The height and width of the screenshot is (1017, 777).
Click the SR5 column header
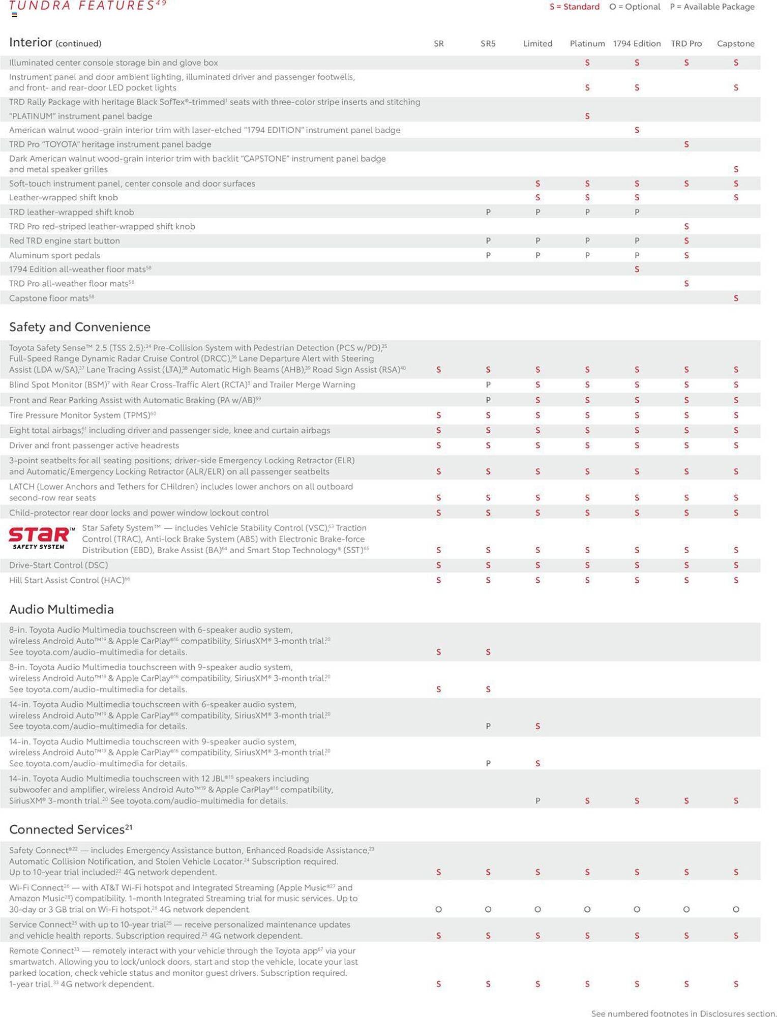(x=488, y=44)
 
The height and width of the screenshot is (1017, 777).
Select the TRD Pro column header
(x=686, y=44)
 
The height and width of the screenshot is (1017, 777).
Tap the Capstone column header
(x=735, y=44)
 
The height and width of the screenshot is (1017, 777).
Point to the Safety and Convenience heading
(x=80, y=327)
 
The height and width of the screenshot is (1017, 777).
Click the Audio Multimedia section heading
(x=62, y=609)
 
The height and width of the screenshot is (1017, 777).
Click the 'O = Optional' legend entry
(x=635, y=7)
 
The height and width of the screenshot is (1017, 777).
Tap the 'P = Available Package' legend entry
(x=712, y=7)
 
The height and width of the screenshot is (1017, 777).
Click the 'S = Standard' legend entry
(x=574, y=7)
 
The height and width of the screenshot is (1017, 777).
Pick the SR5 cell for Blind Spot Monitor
(x=488, y=385)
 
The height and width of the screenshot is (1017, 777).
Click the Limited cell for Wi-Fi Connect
(x=537, y=909)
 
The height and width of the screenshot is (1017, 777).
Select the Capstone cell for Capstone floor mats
(x=735, y=298)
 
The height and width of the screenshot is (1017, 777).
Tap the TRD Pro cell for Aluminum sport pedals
(x=686, y=255)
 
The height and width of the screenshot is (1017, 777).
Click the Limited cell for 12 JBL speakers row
(x=537, y=801)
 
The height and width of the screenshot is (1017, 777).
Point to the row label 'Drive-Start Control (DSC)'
(x=58, y=565)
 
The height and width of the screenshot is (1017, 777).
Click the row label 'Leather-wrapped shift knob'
(x=64, y=197)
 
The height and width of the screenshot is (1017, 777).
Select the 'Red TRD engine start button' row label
(x=65, y=241)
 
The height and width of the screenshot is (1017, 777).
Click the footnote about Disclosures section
(x=683, y=1013)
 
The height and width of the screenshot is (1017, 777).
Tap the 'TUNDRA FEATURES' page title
(x=82, y=6)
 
